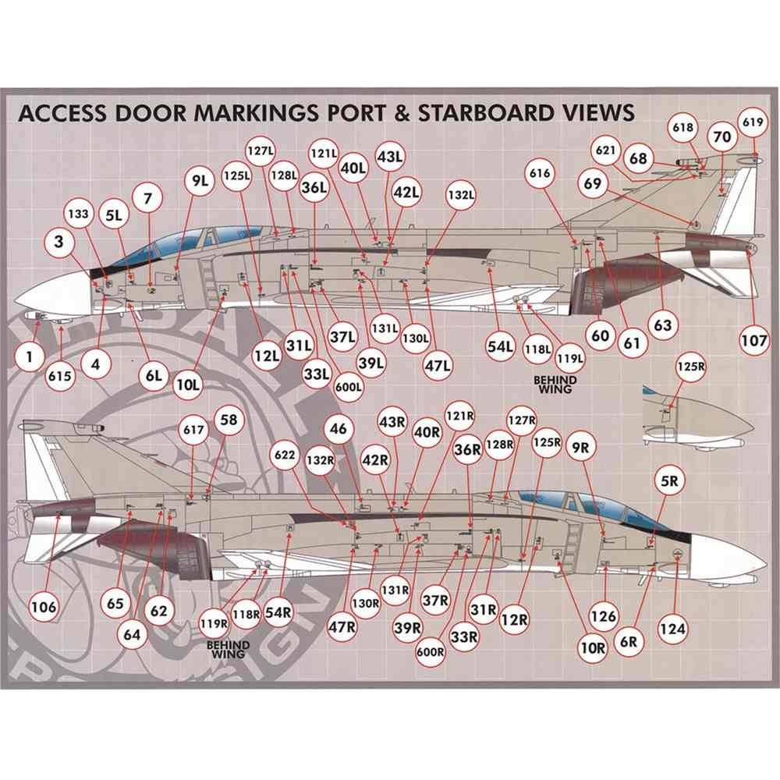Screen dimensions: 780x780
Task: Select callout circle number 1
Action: pyautogui.click(x=29, y=358)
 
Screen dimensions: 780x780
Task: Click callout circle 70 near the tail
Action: pyautogui.click(x=722, y=136)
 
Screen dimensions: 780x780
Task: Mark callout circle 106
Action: pyautogui.click(x=44, y=604)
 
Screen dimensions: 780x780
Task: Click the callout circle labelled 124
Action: pyautogui.click(x=675, y=626)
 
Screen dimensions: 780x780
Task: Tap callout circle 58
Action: pyautogui.click(x=228, y=420)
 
